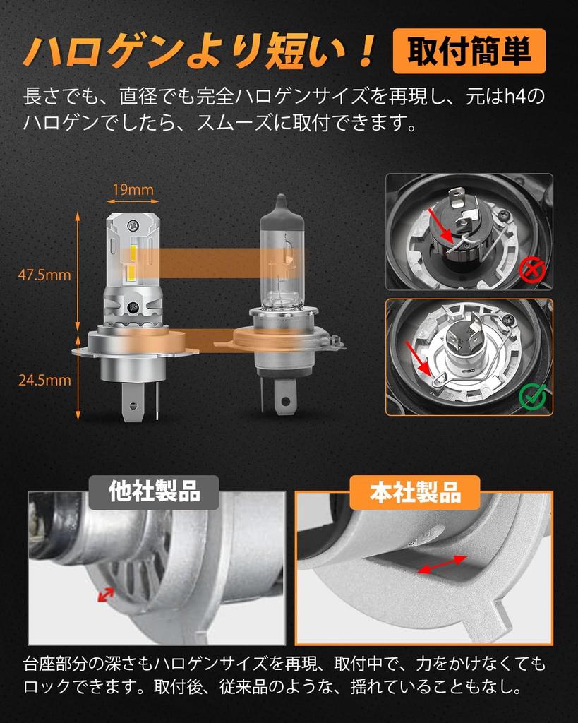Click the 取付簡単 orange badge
(469, 52)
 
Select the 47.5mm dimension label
(44, 275)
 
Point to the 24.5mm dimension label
(44, 380)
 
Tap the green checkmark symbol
(533, 397)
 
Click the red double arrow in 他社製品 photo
(106, 594)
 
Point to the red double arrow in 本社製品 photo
(441, 565)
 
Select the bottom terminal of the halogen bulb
(284, 400)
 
